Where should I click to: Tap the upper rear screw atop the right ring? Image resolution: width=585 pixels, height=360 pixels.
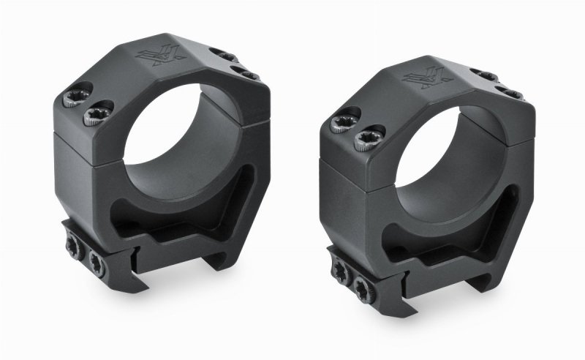tap(485, 75)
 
